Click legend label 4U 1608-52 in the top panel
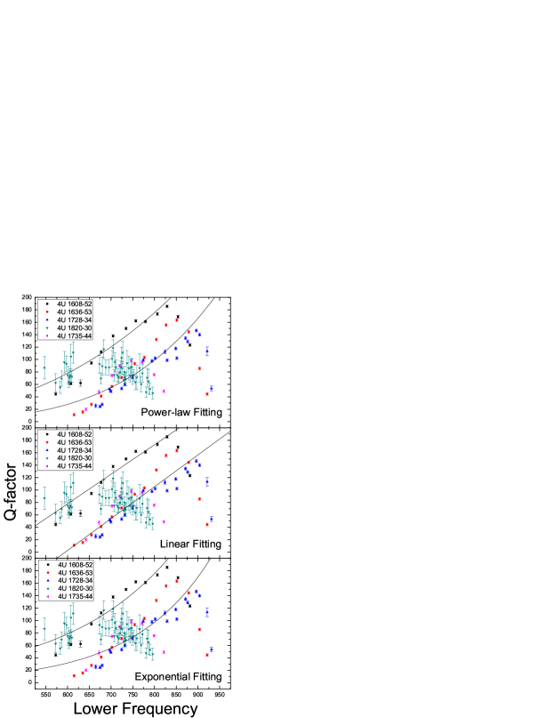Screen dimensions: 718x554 [x=75, y=304]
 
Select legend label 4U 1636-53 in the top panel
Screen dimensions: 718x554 [x=75, y=312]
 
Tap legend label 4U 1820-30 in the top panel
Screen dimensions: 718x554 [x=75, y=328]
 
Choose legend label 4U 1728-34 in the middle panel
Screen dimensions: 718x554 [x=75, y=450]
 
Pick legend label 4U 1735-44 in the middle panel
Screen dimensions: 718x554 [x=75, y=466]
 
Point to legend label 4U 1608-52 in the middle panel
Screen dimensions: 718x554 [x=75, y=434]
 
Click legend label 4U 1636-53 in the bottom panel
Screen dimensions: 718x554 [x=75, y=573]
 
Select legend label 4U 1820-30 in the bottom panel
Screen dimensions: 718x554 [x=75, y=589]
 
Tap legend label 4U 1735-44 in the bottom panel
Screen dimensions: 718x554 [x=75, y=597]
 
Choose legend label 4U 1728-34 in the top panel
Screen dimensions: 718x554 [x=75, y=320]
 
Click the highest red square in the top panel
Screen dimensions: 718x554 [x=177, y=320]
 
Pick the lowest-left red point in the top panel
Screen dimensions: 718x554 [x=75, y=414]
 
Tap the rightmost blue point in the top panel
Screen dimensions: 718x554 [x=212, y=388]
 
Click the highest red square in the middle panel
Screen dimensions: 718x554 [x=177, y=451]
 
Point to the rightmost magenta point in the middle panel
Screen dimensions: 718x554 [x=165, y=521]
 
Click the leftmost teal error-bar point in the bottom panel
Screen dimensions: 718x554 [x=44, y=629]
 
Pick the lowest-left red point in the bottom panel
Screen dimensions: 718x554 [x=75, y=675]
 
